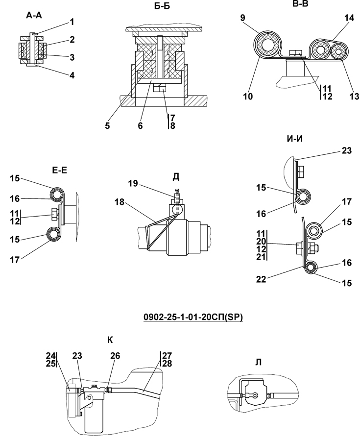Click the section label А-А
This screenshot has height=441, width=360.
(x=34, y=16)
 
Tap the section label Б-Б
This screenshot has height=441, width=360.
(x=162, y=6)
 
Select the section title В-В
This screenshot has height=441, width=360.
(x=300, y=3)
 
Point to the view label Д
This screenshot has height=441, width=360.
(x=176, y=177)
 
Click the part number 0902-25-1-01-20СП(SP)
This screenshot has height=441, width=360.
(x=193, y=317)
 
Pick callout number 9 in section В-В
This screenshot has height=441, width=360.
(x=242, y=18)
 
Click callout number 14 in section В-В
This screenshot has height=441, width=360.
(x=349, y=18)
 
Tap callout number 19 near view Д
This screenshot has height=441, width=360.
(x=133, y=183)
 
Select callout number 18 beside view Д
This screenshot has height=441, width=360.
(x=119, y=202)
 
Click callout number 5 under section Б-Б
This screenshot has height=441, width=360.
(x=107, y=125)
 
